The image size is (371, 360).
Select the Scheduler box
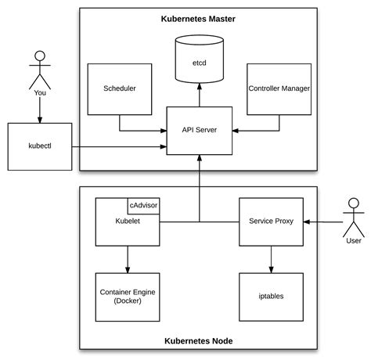(x=119, y=90)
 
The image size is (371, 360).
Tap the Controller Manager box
(x=278, y=90)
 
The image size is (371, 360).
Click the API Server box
(x=198, y=130)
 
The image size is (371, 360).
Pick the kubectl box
(x=40, y=146)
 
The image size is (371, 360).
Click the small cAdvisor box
(x=142, y=204)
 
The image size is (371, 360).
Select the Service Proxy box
(x=270, y=222)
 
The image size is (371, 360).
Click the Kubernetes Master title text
(x=198, y=18)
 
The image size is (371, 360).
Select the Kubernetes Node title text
(x=198, y=341)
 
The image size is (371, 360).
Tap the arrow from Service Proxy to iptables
(x=270, y=259)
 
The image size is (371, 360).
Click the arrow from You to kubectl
(x=40, y=112)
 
